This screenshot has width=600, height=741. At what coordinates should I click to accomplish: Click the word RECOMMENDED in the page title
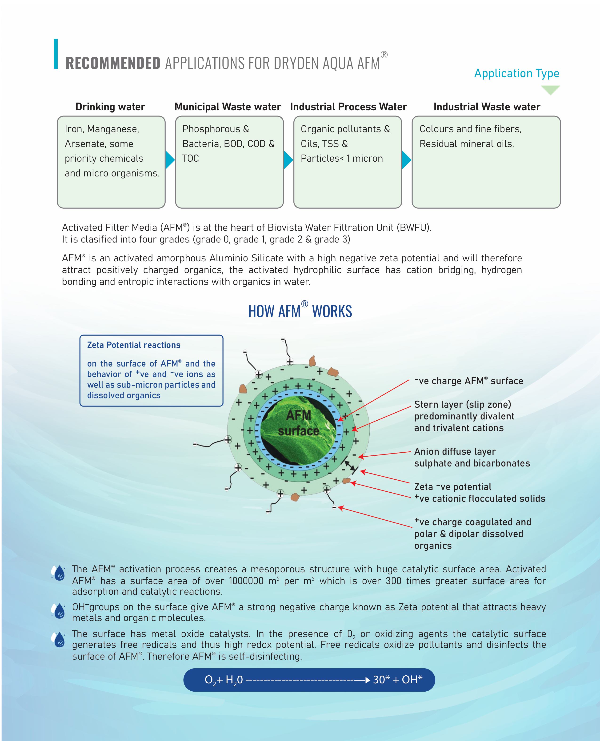pyautogui.click(x=113, y=63)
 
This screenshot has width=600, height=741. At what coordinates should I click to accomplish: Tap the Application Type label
pyautogui.click(x=517, y=73)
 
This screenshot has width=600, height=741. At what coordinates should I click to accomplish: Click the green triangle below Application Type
pyautogui.click(x=550, y=90)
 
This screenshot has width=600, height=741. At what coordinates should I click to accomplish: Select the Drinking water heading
pyautogui.click(x=110, y=107)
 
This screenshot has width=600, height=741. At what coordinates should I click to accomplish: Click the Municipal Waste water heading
pyautogui.click(x=228, y=107)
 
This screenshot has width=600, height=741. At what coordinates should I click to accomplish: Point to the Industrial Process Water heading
pyautogui.click(x=348, y=107)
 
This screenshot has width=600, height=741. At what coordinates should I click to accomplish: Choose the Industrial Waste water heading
pyautogui.click(x=487, y=107)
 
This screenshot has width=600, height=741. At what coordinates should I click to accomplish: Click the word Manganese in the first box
pyautogui.click(x=113, y=129)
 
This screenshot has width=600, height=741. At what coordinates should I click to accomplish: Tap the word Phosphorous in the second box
pyautogui.click(x=211, y=129)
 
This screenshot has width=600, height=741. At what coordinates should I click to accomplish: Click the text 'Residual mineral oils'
pyautogui.click(x=467, y=144)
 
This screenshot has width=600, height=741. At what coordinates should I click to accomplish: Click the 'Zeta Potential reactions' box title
pyautogui.click(x=134, y=345)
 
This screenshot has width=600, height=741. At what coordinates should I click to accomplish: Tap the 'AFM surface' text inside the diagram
pyautogui.click(x=298, y=423)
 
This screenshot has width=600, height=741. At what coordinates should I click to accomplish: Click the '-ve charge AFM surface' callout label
pyautogui.click(x=469, y=381)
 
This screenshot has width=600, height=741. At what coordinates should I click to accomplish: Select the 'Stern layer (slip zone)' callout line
pyautogui.click(x=462, y=405)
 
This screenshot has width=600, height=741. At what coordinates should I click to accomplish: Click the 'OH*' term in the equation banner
pyautogui.click(x=412, y=680)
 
